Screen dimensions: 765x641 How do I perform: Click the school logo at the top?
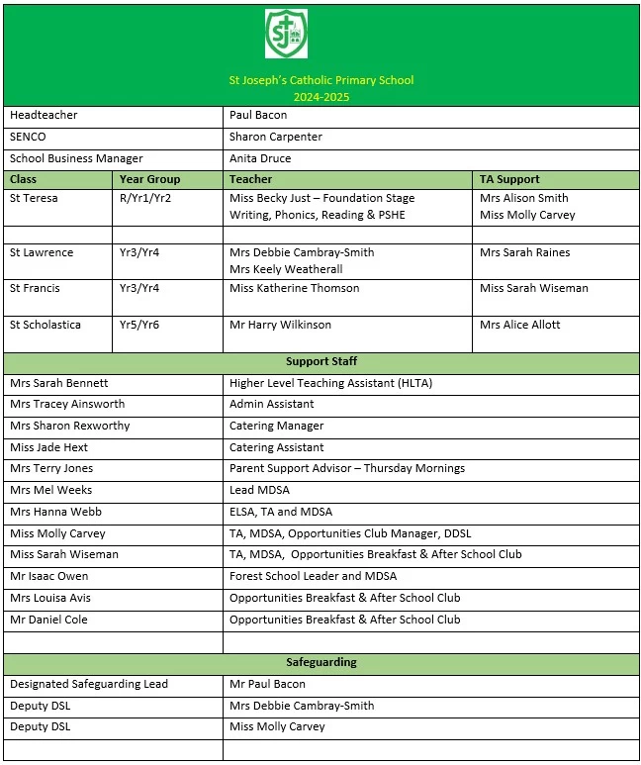(286, 36)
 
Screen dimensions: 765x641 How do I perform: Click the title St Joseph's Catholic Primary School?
(320, 80)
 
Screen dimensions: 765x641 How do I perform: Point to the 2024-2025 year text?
(320, 97)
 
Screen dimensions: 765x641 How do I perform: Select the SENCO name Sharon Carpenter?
(275, 137)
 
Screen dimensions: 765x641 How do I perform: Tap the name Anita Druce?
(259, 158)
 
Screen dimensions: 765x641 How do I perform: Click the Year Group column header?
(149, 179)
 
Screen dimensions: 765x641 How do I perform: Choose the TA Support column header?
(509, 179)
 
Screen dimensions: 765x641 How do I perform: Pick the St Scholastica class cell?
(46, 325)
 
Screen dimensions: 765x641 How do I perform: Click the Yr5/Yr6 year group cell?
(139, 325)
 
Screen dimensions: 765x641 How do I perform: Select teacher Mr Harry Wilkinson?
(280, 325)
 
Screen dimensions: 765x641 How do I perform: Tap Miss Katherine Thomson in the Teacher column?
(294, 288)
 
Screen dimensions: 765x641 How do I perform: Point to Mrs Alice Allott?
(519, 325)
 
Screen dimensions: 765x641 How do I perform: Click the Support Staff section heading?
(320, 362)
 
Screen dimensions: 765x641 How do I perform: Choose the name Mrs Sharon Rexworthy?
(69, 426)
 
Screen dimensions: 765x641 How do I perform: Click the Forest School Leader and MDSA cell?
(313, 576)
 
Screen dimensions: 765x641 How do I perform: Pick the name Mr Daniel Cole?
(48, 620)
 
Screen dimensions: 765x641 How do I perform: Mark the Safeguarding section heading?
(320, 662)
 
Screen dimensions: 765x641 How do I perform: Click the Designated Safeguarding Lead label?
(89, 684)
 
